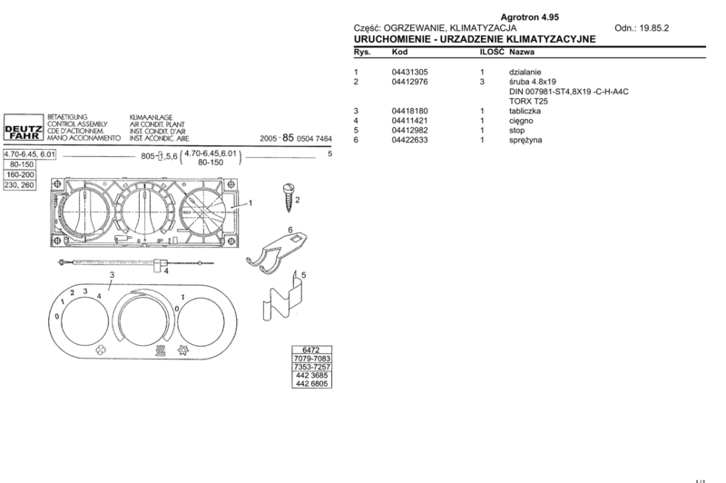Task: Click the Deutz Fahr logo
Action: click(24, 127)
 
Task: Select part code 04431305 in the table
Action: click(410, 72)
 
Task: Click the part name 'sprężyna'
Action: click(525, 140)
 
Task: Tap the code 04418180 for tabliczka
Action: click(410, 111)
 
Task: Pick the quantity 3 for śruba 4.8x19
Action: click(482, 82)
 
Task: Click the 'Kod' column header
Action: click(399, 52)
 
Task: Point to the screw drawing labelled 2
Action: click(288, 198)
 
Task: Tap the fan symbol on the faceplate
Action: click(101, 350)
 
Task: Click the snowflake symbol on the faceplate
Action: click(182, 350)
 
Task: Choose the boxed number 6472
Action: click(311, 350)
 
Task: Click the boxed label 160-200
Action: click(20, 174)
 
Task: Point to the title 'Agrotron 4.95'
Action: click(530, 17)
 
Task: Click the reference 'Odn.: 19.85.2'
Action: click(642, 28)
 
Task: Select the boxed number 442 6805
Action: click(311, 383)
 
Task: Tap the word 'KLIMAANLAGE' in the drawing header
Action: click(151, 118)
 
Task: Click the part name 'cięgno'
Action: click(521, 121)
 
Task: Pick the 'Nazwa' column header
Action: click(522, 52)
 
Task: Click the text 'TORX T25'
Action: click(528, 101)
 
